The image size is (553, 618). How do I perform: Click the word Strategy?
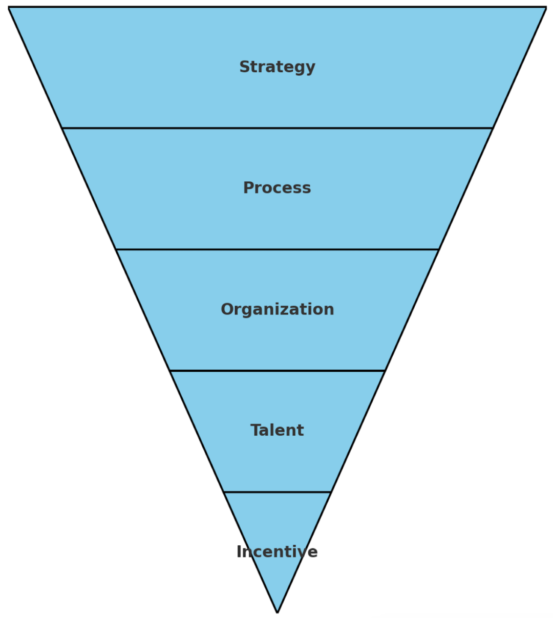277,67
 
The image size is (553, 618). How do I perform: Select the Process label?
277,188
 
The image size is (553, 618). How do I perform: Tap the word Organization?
277,309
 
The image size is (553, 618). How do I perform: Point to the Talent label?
277,430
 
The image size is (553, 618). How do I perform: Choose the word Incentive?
277,551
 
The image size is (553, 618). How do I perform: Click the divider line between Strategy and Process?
277,128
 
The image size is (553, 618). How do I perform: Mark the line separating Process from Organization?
277,249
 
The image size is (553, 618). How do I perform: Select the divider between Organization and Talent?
277,371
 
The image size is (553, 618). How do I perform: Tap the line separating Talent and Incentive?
277,492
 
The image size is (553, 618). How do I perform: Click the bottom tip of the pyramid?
277,612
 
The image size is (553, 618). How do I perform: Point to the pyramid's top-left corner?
9,7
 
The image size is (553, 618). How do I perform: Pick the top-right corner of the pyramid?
546,7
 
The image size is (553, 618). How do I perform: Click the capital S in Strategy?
245,67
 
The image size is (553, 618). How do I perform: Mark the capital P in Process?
248,188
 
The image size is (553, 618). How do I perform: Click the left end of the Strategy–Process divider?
62,128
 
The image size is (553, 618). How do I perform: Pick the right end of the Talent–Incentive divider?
330,492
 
